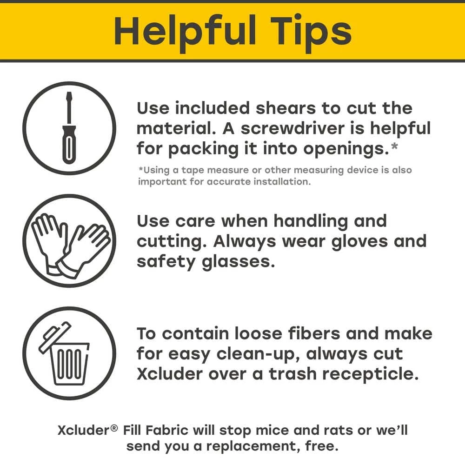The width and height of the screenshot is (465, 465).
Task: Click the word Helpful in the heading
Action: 185,32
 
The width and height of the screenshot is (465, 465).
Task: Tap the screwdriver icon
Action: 69,128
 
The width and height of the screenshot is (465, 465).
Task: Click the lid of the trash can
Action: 55,337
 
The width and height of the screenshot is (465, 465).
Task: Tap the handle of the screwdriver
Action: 69,145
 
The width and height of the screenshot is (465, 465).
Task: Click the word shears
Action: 286,108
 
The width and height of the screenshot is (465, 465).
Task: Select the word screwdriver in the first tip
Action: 292,128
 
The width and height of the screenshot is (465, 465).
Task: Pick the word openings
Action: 346,149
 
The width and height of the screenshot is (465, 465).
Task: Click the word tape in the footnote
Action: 193,171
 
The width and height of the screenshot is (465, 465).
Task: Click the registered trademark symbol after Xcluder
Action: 114,428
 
